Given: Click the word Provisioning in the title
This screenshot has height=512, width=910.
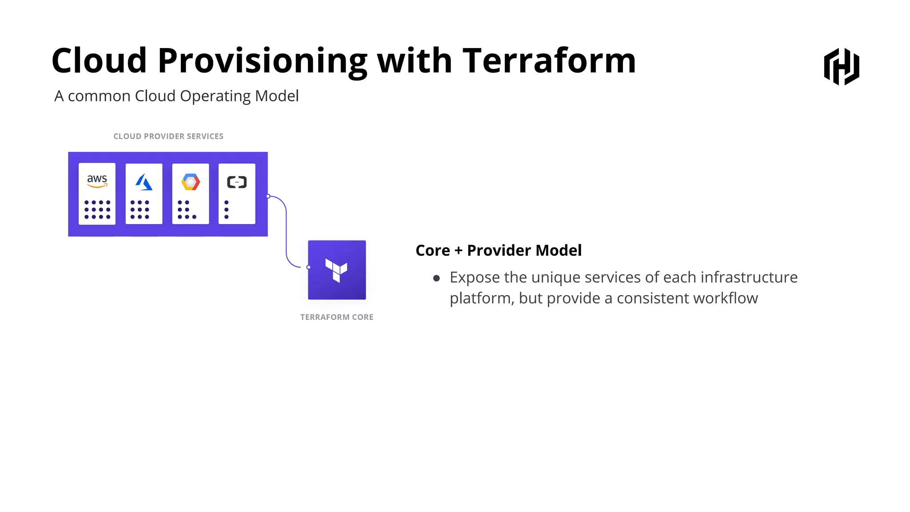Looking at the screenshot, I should (x=262, y=61).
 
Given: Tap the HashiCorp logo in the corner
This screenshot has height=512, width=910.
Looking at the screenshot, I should (x=842, y=67).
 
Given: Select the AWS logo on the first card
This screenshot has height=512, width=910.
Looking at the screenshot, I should (x=97, y=180).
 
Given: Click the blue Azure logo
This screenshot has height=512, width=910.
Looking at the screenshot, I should (x=144, y=182).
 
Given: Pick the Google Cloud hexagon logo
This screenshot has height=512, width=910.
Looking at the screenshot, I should (x=191, y=182).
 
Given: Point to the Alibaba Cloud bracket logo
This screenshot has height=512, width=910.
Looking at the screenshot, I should (x=237, y=182).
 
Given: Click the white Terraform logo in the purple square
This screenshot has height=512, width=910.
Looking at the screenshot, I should (x=336, y=270).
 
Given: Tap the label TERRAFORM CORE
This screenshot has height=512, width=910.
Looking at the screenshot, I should (x=337, y=317).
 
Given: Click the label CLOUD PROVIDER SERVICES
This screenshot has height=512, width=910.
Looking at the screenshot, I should (x=168, y=136).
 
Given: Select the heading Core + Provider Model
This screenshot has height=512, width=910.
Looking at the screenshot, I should (x=498, y=251).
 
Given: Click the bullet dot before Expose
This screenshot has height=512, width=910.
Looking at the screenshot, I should (x=436, y=279).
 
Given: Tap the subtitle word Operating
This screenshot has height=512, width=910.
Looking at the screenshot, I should (x=216, y=96).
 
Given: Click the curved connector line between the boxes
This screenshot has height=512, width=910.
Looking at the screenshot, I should (x=286, y=231).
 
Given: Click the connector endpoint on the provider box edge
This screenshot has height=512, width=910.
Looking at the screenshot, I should (x=268, y=196).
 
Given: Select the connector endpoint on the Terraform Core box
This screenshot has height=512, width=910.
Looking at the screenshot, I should (x=308, y=267).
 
